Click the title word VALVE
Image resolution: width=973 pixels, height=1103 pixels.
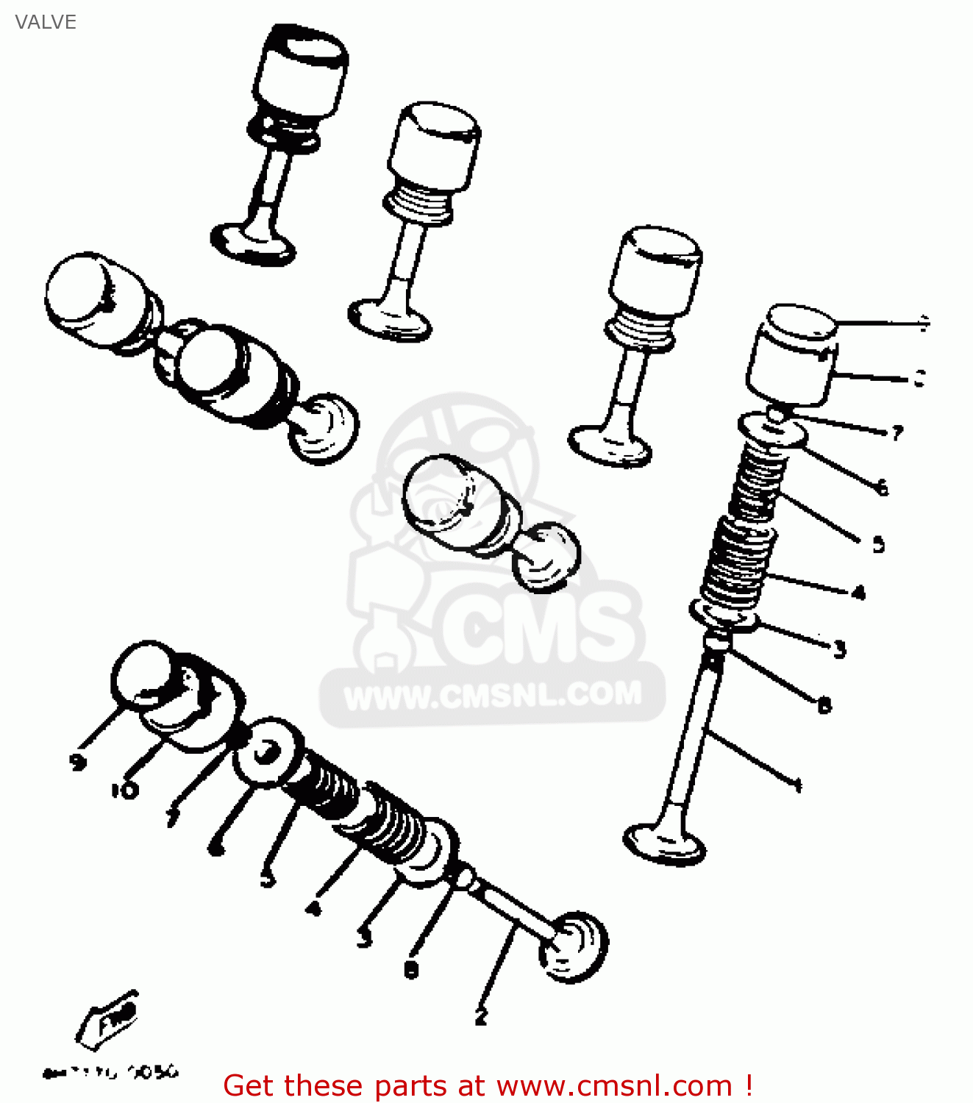46,22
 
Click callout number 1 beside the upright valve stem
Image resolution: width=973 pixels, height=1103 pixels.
798,785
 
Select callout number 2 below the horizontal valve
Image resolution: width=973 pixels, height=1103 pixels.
481,1016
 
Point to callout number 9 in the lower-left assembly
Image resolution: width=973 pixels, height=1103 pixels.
78,762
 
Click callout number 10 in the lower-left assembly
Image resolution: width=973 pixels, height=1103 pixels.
124,790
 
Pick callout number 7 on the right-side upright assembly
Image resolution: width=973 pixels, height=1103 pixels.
897,433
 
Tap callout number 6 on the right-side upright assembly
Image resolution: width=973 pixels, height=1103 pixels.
883,487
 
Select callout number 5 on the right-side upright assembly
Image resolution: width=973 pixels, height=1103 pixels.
878,545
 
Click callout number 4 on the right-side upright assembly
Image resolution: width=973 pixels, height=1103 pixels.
858,593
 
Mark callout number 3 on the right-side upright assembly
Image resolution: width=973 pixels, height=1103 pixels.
840,649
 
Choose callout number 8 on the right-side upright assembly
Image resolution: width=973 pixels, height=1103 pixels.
824,706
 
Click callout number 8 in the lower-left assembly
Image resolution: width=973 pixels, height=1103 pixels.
411,970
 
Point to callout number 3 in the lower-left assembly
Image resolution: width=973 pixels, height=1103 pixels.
364,938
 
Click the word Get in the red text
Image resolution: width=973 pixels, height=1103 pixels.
252,1086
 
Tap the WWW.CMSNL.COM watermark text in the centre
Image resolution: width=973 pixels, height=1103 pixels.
492,696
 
